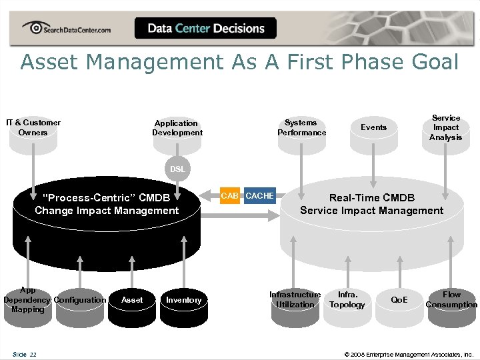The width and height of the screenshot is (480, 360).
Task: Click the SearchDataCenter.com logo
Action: click(x=67, y=29)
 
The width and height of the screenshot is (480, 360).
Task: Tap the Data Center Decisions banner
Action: click(x=206, y=29)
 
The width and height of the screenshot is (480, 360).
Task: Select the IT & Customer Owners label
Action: click(x=33, y=127)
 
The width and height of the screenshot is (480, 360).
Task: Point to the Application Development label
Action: click(x=177, y=128)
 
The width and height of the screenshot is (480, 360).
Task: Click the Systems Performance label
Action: click(x=301, y=127)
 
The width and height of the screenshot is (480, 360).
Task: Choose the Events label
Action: click(x=373, y=127)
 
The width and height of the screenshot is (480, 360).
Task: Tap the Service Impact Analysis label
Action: click(x=445, y=127)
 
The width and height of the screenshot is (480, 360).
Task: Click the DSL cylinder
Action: click(x=177, y=169)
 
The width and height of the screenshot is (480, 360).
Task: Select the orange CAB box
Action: click(x=229, y=196)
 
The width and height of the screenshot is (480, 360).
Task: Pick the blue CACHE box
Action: click(x=259, y=196)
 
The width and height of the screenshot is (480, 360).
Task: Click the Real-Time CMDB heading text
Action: click(x=372, y=198)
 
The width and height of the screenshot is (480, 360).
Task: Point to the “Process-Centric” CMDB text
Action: click(x=106, y=198)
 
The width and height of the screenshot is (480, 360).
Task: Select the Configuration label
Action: click(x=80, y=300)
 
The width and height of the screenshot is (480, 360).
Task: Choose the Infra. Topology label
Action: click(x=347, y=299)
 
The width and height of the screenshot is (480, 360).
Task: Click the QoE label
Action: click(x=399, y=300)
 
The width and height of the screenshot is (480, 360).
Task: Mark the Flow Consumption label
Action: click(x=451, y=299)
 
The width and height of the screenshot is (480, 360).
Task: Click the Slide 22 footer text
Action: click(x=24, y=354)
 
